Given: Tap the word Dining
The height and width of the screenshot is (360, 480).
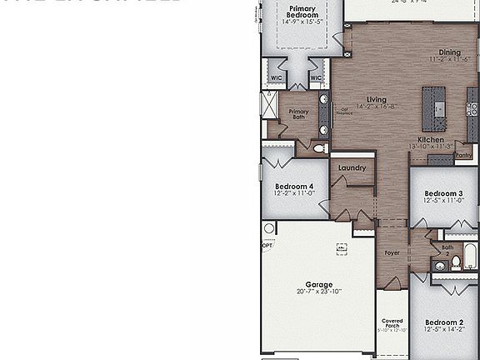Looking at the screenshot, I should [x=449, y=52].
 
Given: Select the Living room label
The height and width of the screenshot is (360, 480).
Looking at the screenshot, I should [x=377, y=99].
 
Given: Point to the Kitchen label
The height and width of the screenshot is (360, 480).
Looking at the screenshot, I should [x=431, y=139].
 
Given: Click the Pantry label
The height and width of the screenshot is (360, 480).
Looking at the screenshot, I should [x=464, y=155].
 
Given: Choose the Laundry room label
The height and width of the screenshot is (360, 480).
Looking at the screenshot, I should [x=352, y=167].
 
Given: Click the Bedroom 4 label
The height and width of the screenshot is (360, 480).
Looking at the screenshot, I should [x=293, y=186].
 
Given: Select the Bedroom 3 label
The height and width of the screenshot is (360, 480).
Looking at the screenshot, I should [x=443, y=193].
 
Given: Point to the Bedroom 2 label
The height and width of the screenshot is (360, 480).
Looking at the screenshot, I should [x=443, y=322].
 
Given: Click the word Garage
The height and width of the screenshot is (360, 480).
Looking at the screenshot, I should [x=319, y=283].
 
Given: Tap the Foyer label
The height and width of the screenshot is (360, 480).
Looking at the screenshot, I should [x=392, y=252].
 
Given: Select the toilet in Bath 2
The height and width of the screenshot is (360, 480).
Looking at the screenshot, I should [x=457, y=263].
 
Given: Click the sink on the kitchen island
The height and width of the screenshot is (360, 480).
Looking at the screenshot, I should [x=439, y=107].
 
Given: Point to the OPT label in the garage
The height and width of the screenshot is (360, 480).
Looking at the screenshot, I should [x=267, y=246].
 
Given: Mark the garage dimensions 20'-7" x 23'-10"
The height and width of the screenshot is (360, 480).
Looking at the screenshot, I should [x=319, y=292].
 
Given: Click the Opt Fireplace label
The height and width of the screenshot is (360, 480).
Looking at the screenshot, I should [x=343, y=110].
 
